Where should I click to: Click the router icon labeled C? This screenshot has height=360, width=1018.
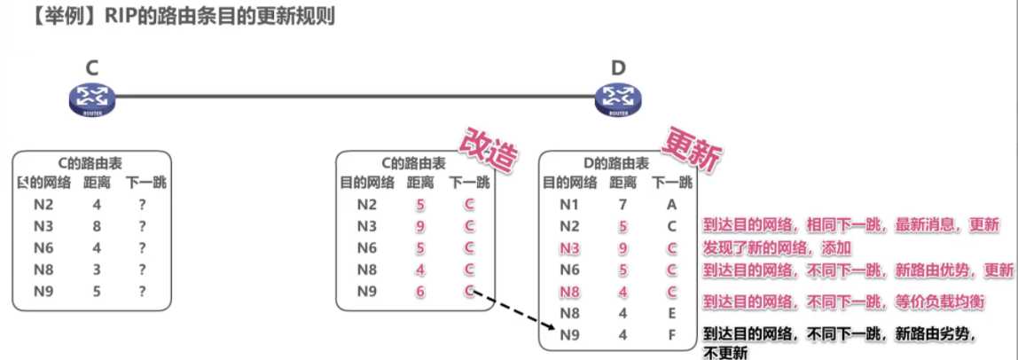point(91,98)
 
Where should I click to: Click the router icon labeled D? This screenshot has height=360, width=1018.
point(617,99)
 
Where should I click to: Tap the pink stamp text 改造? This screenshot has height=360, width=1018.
point(486,149)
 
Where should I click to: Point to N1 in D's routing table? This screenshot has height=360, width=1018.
point(569,205)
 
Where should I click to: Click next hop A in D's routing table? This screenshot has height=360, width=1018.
point(671,205)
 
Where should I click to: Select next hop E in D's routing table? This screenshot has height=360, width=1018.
point(671,312)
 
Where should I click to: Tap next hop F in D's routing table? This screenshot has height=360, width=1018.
point(671,334)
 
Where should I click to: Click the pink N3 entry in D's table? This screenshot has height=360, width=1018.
point(569,248)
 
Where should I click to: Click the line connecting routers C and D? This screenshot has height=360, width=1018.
point(355,96)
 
